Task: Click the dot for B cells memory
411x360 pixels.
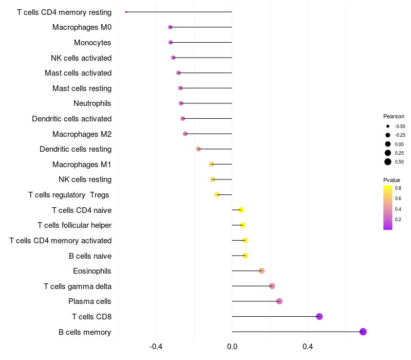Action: tap(363, 332)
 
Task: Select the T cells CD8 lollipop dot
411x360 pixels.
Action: tap(319, 316)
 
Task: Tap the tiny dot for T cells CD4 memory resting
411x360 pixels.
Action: tap(126, 12)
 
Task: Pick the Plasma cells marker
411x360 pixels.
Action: tap(279, 301)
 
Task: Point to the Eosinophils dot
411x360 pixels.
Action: tap(261, 271)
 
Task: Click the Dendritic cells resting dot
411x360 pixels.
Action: tap(198, 149)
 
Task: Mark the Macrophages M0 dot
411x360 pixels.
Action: tap(170, 27)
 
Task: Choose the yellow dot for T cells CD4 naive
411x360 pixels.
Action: tap(240, 210)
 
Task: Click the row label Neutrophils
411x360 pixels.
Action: tap(92, 103)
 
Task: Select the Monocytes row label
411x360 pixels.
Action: tap(92, 43)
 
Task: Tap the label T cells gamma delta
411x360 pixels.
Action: tap(78, 286)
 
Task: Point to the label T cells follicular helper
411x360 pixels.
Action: tap(74, 225)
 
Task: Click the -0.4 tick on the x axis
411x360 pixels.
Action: tap(156, 347)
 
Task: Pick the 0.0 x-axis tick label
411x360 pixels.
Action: tap(232, 347)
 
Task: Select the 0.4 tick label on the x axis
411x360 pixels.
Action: tap(308, 347)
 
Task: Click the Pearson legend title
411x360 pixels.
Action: tap(394, 116)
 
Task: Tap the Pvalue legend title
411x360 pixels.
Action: tap(391, 180)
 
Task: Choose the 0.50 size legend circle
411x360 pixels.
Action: tap(388, 162)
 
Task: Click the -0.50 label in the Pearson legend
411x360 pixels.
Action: tap(400, 127)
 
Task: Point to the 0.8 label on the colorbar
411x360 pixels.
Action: tap(398, 188)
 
